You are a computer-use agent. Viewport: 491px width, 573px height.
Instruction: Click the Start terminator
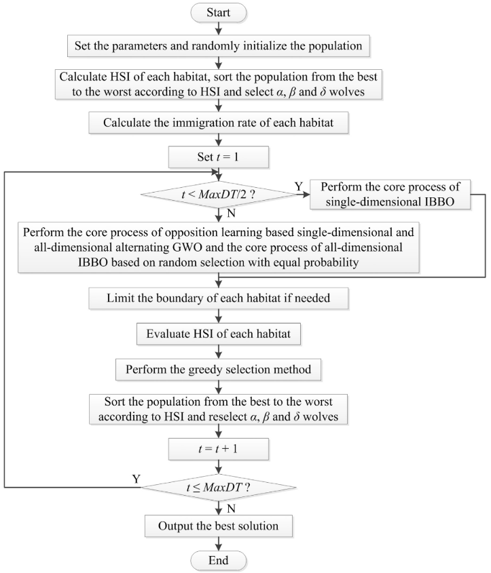pyautogui.click(x=219, y=12)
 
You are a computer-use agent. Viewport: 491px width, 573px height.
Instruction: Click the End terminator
pyautogui.click(x=219, y=561)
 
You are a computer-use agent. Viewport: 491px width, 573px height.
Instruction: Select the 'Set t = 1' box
pyautogui.click(x=219, y=157)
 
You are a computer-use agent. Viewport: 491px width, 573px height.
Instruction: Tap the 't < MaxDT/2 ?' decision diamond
pyautogui.click(x=219, y=195)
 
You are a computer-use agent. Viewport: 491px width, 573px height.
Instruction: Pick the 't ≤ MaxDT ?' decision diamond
pyautogui.click(x=219, y=488)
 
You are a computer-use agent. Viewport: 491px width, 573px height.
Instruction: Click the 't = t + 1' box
pyautogui.click(x=219, y=449)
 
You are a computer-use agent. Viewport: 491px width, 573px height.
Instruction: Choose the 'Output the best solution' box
pyautogui.click(x=219, y=526)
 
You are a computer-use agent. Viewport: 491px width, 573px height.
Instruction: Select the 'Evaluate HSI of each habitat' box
pyautogui.click(x=219, y=334)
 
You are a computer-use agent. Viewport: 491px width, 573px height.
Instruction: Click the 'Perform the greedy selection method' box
pyautogui.click(x=219, y=370)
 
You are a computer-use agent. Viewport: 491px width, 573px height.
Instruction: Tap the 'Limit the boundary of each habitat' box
pyautogui.click(x=219, y=298)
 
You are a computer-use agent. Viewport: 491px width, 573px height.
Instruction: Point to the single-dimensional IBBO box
pyautogui.click(x=390, y=195)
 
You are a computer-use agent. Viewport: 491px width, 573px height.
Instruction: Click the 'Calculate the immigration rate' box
pyautogui.click(x=219, y=123)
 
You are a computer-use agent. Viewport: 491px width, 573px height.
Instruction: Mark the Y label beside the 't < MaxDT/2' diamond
pyautogui.click(x=299, y=186)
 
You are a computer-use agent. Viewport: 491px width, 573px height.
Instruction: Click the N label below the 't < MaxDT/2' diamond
pyautogui.click(x=231, y=214)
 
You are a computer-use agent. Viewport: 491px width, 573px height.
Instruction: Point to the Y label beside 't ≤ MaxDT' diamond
pyautogui.click(x=137, y=479)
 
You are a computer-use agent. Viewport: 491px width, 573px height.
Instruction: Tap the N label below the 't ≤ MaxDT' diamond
pyautogui.click(x=231, y=509)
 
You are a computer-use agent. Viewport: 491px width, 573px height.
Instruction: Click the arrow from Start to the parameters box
pyautogui.click(x=219, y=28)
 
